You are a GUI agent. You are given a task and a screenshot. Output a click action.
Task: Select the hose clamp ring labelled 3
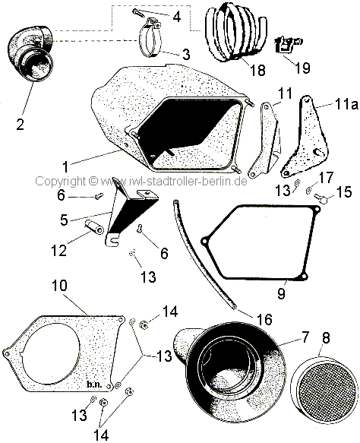click(x=150, y=39)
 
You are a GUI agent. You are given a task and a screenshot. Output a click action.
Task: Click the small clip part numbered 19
click(x=287, y=44)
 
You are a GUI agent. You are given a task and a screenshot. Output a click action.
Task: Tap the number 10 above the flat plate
click(x=59, y=286)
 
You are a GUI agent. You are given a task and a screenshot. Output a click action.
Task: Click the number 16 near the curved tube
click(x=265, y=319)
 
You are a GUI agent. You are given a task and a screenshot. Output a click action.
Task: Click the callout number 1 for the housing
click(x=65, y=166)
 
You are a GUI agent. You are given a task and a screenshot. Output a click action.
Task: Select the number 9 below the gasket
click(x=281, y=293)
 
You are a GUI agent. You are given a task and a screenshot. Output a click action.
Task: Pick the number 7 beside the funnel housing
click(x=305, y=337)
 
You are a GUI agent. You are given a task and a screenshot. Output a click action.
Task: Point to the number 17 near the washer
click(x=327, y=178)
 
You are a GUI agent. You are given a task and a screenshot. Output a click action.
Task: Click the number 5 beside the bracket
click(x=64, y=220)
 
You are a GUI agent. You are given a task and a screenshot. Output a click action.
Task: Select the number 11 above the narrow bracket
click(x=286, y=93)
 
